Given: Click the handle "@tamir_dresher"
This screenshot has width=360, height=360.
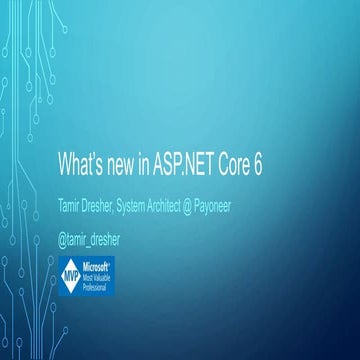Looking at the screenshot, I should tap(111, 239).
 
